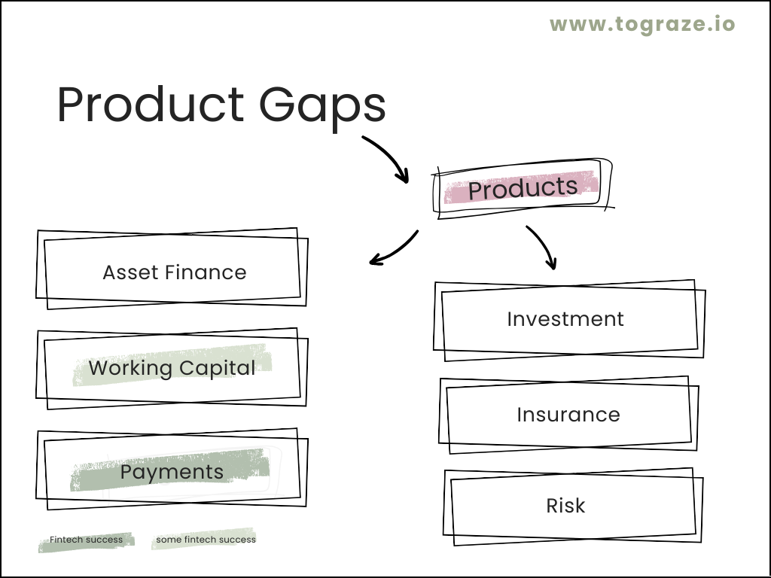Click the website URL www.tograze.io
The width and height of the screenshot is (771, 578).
pyautogui.click(x=642, y=25)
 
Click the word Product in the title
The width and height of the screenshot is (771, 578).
pyautogui.click(x=151, y=104)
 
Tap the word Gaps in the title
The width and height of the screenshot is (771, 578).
pyautogui.click(x=322, y=106)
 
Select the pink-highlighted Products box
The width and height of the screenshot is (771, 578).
pyautogui.click(x=523, y=188)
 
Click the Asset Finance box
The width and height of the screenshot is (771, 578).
pyautogui.click(x=172, y=269)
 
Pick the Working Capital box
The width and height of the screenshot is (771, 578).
pyautogui.click(x=172, y=368)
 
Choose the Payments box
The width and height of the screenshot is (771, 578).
pyautogui.click(x=172, y=469)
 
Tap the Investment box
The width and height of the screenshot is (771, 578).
pyautogui.click(x=569, y=321)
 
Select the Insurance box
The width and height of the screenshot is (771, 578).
pyautogui.click(x=569, y=415)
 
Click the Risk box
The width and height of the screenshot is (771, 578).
pyautogui.click(x=573, y=507)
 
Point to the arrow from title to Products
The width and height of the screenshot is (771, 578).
pyautogui.click(x=391, y=154)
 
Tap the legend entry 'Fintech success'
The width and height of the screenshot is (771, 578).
pyautogui.click(x=86, y=540)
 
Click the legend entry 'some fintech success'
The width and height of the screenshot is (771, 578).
pyautogui.click(x=206, y=540)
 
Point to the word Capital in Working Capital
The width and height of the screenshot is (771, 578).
pyautogui.click(x=217, y=369)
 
